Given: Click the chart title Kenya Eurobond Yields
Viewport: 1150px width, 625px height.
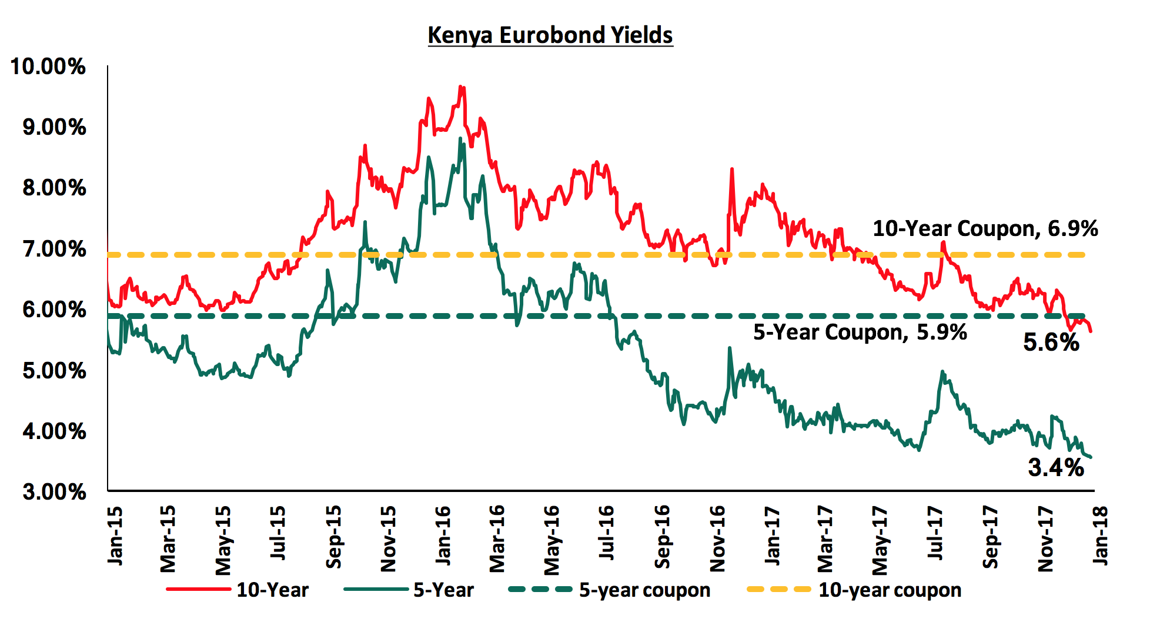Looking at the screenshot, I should coord(550,35).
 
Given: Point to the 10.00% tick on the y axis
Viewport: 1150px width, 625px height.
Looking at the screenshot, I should coord(48,67).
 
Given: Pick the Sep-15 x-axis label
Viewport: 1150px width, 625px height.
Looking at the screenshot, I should coord(334,537).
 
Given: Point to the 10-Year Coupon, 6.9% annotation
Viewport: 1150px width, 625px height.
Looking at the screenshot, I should coord(985,228).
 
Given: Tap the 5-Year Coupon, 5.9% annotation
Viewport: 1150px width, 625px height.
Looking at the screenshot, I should coord(860,333).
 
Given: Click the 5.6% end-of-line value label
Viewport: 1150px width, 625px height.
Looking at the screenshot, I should coord(1051,343).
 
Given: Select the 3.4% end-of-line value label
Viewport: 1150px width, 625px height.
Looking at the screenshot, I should coord(1055,468).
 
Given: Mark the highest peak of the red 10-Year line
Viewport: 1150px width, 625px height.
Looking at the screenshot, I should coord(461,87).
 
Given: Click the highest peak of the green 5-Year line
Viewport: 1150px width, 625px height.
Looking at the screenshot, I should coord(460,138).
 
